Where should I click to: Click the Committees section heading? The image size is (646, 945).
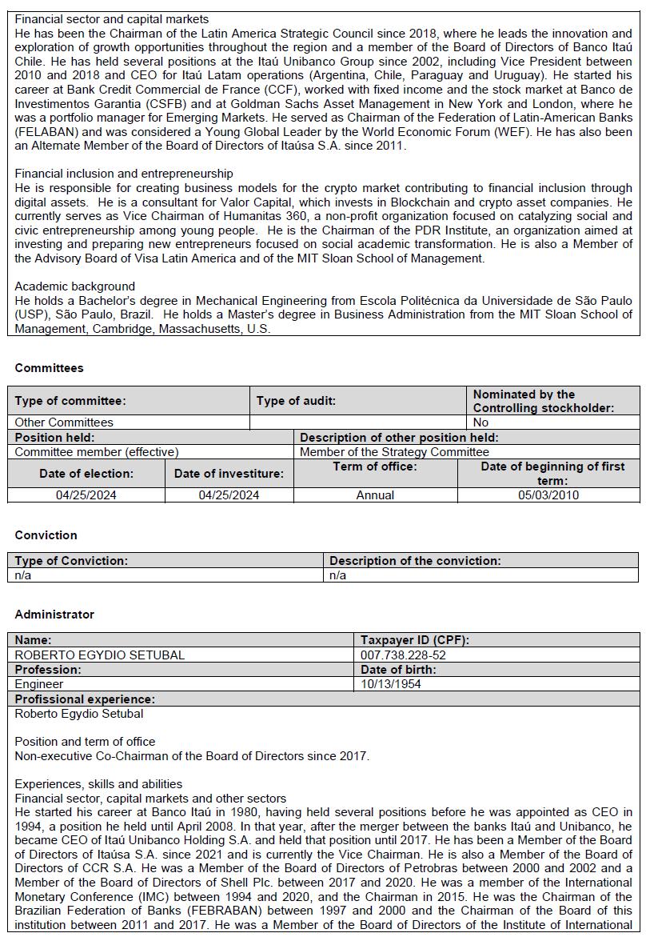(49, 368)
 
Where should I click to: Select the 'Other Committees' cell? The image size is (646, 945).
(64, 422)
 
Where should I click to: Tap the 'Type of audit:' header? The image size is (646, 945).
(296, 400)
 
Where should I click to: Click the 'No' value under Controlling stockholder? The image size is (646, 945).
(481, 422)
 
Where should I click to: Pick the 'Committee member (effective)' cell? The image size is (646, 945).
(97, 451)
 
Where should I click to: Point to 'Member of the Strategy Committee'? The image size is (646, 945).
(394, 451)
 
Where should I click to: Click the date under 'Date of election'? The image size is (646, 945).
(86, 495)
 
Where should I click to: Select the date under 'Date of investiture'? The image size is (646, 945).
(229, 495)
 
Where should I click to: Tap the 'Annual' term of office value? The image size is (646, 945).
(375, 495)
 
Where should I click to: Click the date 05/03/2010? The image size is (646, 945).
(548, 495)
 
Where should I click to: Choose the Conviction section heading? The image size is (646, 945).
(46, 535)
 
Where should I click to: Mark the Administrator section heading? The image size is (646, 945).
(54, 615)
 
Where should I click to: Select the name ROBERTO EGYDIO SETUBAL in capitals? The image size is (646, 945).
(100, 655)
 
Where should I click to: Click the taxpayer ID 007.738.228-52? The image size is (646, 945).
(403, 655)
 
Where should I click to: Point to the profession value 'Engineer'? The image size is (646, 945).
(39, 684)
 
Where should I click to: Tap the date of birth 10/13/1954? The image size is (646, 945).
(390, 684)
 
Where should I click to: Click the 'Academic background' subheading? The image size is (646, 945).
(75, 286)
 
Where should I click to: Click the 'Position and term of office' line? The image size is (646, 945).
(85, 741)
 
